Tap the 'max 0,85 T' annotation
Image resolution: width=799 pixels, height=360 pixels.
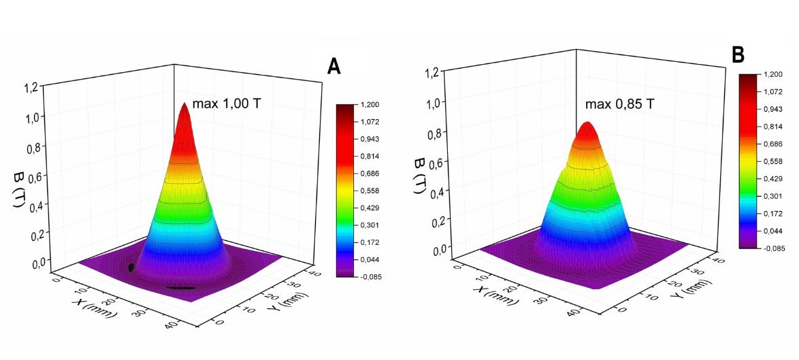click(615, 105)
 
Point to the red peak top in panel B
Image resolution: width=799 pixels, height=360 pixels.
click(587, 126)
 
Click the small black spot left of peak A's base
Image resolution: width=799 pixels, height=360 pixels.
click(130, 267)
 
